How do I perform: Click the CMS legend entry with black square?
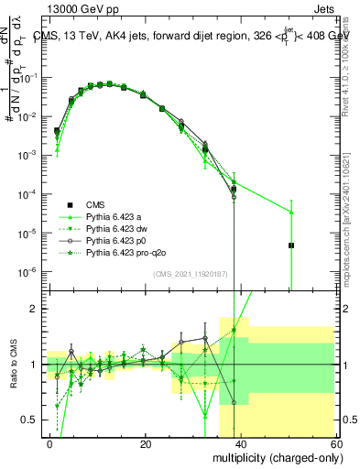pos(95,204)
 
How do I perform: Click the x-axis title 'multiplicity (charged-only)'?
pos(274,456)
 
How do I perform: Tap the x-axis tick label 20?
pos(146,444)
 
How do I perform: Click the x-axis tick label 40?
pos(241,444)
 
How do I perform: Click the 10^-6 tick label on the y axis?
pos(28,272)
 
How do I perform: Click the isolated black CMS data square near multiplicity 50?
pos(290,245)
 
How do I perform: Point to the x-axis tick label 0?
pos(50,444)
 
